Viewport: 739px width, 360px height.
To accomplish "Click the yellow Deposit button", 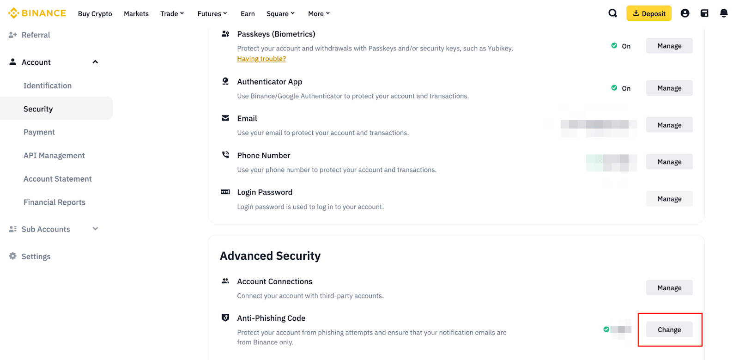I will pos(648,13).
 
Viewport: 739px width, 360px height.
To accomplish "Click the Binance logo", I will pos(37,13).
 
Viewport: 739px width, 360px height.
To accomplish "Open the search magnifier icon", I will pos(612,13).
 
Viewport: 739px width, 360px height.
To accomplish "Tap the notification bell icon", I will pos(723,13).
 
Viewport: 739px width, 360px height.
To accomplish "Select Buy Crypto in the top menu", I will pos(95,14).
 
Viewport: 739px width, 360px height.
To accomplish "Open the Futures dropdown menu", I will pos(212,14).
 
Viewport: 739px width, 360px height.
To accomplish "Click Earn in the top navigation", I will pos(248,14).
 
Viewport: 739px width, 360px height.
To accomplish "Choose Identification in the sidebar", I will pos(48,85).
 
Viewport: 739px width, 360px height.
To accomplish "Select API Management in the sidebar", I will pos(54,155).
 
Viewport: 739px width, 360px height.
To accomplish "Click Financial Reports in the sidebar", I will pos(55,202).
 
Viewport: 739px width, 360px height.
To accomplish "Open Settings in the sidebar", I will pos(36,256).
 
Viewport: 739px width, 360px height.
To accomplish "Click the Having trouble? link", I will pos(261,59).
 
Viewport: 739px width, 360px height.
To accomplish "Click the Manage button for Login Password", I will pos(669,199).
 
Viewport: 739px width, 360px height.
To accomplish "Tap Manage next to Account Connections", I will pos(669,287).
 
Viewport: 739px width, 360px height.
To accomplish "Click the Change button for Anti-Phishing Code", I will pos(669,329).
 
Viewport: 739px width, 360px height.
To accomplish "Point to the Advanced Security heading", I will pos(270,256).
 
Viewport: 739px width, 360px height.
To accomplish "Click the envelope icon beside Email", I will pos(225,118).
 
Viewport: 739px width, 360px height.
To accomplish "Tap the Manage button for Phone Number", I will pos(669,162).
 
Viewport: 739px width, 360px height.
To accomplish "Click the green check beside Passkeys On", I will pos(614,46).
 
